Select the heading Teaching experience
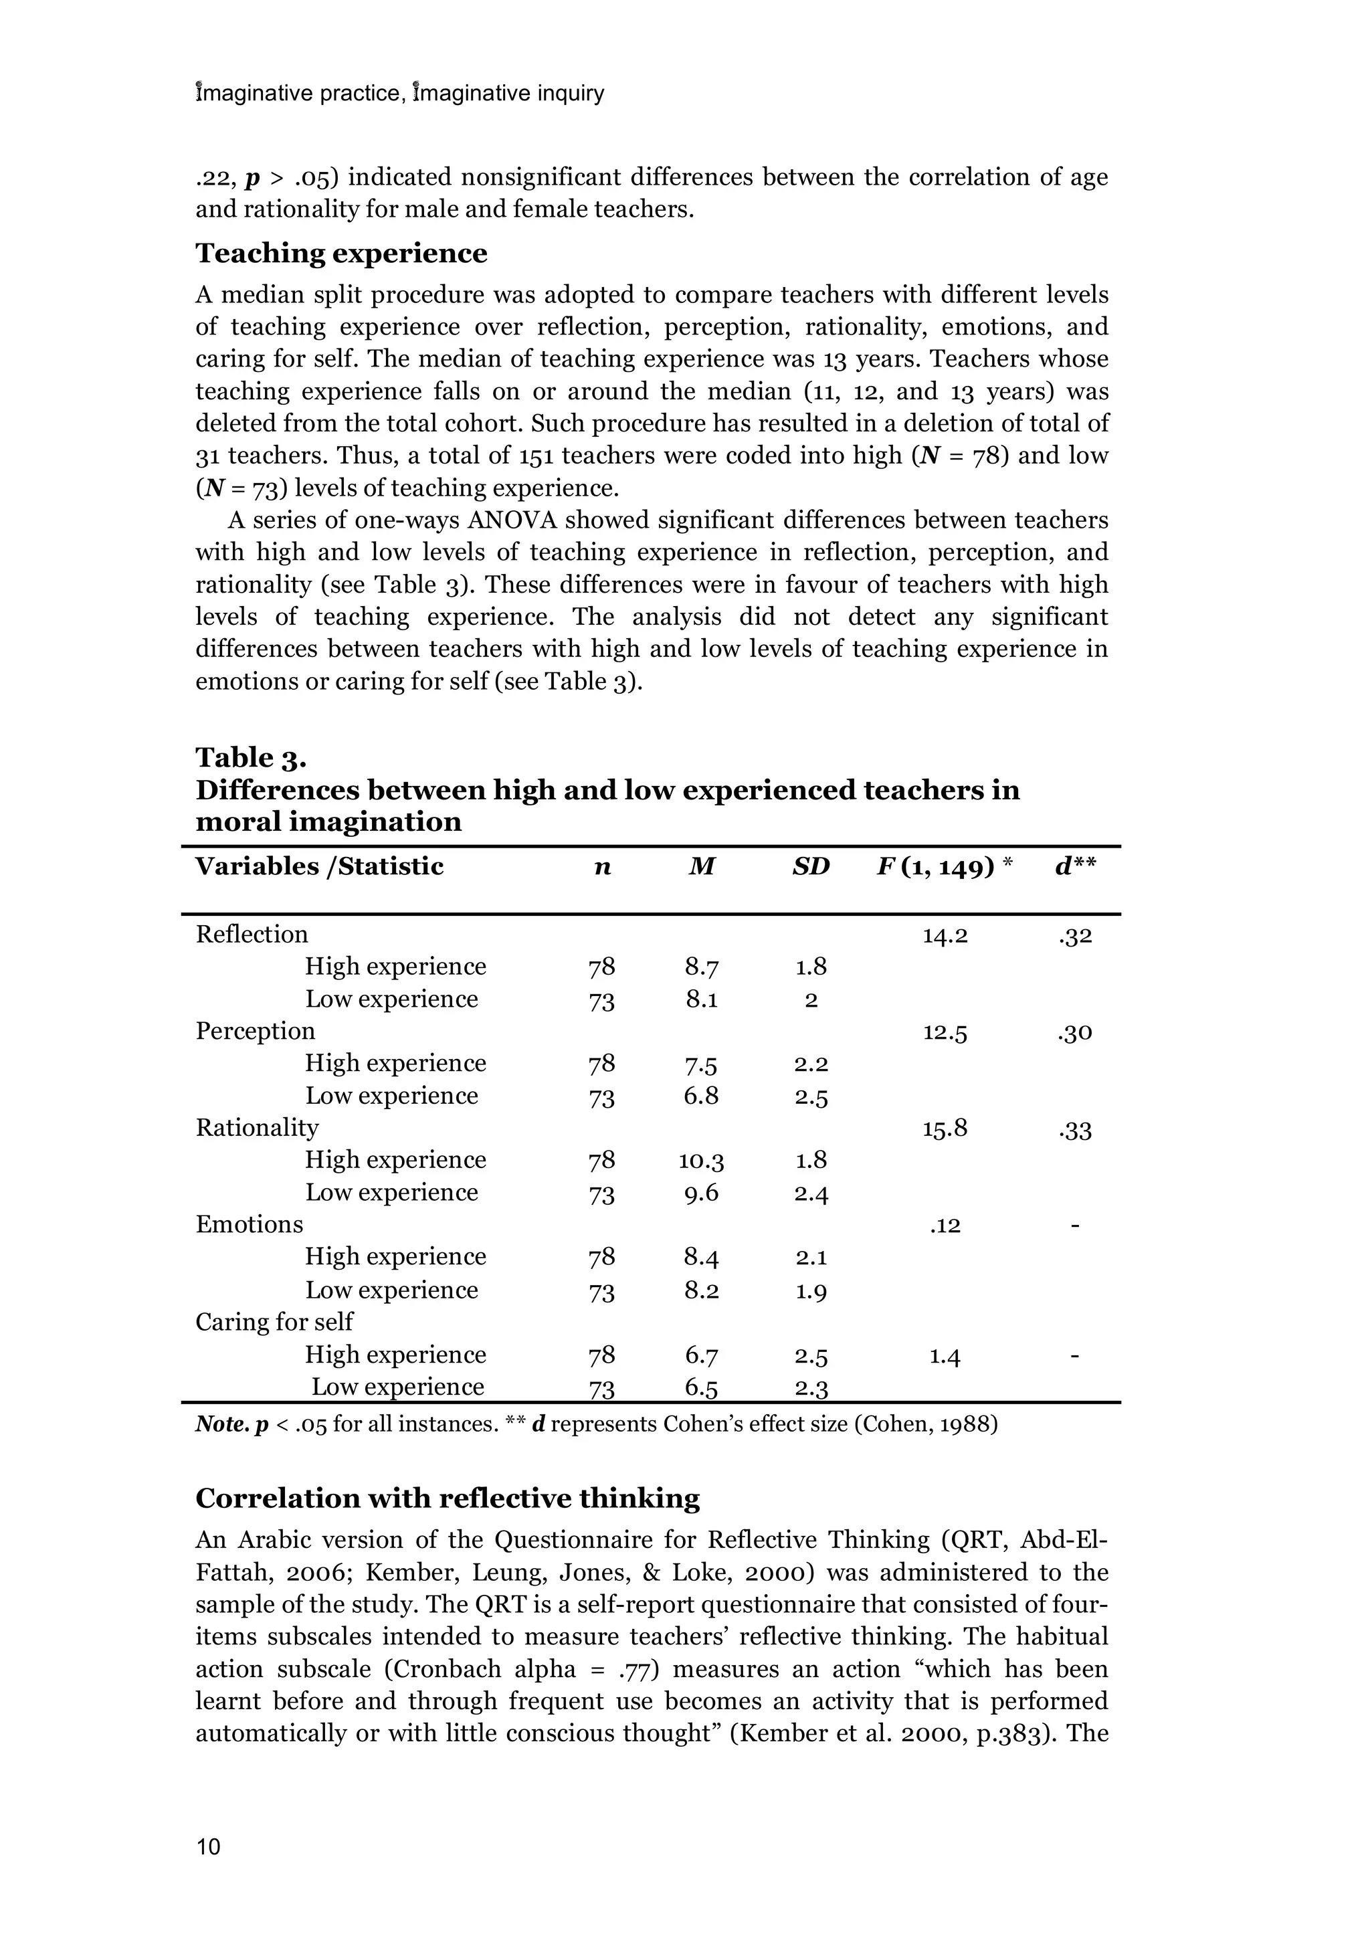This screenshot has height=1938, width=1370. [341, 254]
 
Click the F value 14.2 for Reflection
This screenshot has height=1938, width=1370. [945, 935]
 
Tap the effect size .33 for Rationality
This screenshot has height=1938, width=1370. [1074, 1130]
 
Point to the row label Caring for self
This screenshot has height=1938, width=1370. [274, 1322]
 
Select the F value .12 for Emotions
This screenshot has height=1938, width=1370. [945, 1226]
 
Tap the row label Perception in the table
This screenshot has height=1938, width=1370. [255, 1032]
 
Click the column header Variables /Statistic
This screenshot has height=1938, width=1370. [319, 867]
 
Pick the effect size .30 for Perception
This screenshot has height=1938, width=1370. [1074, 1033]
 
